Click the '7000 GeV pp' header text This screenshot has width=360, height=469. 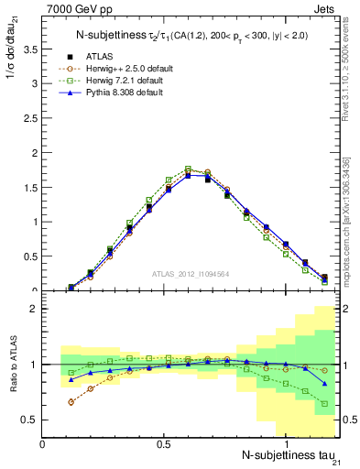[x=73, y=9]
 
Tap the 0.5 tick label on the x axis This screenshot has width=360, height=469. [x=163, y=444]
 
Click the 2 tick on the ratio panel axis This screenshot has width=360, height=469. [x=36, y=309]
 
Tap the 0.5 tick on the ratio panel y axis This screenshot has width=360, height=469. [x=32, y=420]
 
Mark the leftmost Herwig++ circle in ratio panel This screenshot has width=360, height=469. [x=71, y=402]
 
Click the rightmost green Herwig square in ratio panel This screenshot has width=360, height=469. [x=324, y=403]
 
